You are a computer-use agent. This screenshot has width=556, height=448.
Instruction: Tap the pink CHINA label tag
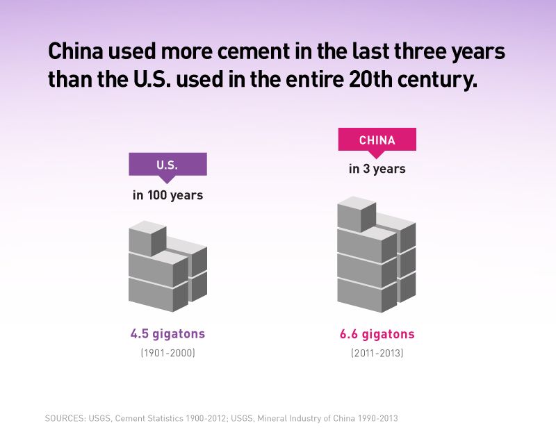377,140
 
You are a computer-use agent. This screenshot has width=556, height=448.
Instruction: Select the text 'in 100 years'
167,195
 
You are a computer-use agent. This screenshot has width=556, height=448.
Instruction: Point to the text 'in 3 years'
377,169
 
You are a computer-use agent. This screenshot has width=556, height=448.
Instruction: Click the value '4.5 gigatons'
167,334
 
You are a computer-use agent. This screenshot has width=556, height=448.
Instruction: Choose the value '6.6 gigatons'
377,334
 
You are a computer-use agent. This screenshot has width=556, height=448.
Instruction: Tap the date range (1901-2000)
167,353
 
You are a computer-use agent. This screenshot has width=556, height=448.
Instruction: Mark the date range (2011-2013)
377,353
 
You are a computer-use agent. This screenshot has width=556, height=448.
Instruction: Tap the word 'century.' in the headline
440,78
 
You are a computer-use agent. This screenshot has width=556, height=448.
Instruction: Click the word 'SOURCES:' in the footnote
66,418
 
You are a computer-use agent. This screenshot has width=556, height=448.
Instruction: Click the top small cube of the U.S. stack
147,239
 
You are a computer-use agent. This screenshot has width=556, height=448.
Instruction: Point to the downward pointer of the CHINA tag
377,155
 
